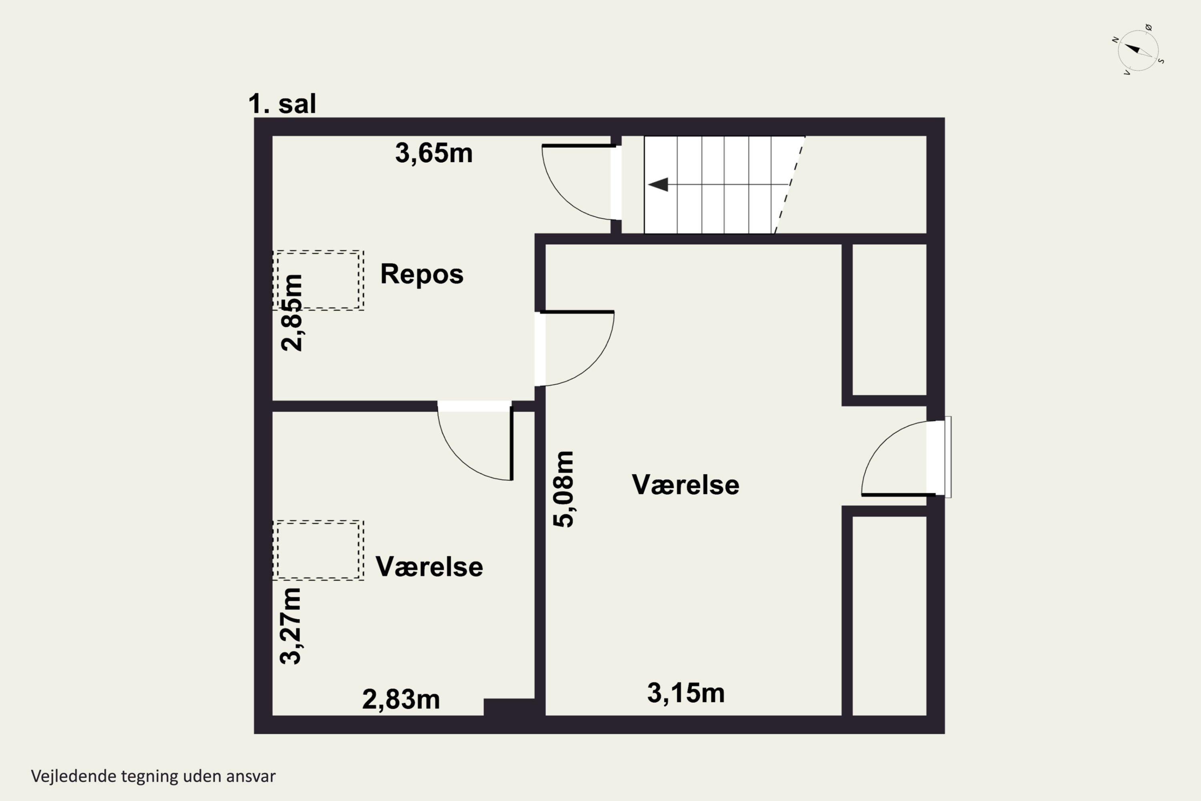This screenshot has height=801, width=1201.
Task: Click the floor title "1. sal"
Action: point(282,104)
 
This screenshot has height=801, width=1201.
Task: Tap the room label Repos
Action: point(422,274)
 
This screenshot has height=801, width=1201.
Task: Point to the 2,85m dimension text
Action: point(293,313)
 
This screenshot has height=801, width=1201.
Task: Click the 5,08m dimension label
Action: point(564,489)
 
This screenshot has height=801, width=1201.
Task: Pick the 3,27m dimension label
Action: point(291,625)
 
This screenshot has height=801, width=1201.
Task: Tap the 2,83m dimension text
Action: point(401,699)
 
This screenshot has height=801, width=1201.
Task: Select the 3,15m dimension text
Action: point(686,693)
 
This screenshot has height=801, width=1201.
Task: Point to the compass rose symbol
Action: point(1138,50)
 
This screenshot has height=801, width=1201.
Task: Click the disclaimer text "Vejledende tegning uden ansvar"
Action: point(153,776)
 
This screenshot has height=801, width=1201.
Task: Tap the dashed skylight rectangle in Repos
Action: point(318,280)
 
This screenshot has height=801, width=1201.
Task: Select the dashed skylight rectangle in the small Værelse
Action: point(318,550)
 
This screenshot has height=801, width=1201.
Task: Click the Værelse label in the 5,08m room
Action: point(685,484)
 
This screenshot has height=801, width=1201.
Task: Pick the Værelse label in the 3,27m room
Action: point(429,567)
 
